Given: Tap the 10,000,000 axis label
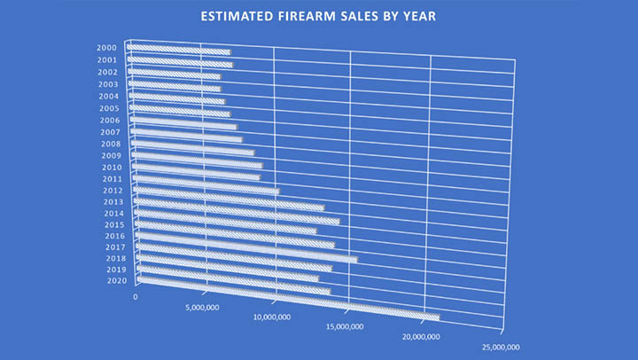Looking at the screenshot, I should pyautogui.click(x=272, y=317).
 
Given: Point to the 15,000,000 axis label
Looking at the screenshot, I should pyautogui.click(x=344, y=326).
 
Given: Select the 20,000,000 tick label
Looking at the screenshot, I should pyautogui.click(x=419, y=337).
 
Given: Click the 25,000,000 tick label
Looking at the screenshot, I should pyautogui.click(x=499, y=348).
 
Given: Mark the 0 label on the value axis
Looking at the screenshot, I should pyautogui.click(x=136, y=297).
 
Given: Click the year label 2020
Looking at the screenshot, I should pyautogui.click(x=117, y=281).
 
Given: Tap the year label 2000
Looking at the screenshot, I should pyautogui.click(x=107, y=48).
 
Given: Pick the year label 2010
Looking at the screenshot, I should pyautogui.click(x=112, y=168).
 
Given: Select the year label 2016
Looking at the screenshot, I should pyautogui.click(x=114, y=237).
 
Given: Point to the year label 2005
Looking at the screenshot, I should pyautogui.click(x=109, y=108).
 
